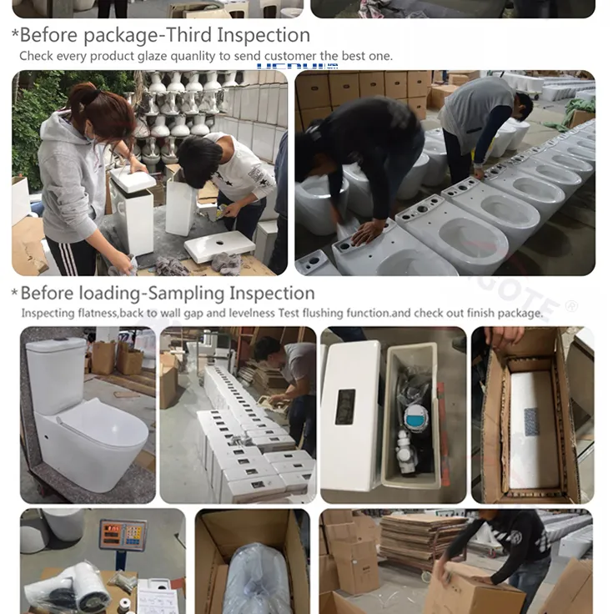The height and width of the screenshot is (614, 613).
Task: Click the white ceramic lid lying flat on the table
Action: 219,246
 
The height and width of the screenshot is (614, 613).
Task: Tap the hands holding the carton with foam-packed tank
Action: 503,338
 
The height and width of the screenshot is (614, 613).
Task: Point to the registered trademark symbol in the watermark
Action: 570,306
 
